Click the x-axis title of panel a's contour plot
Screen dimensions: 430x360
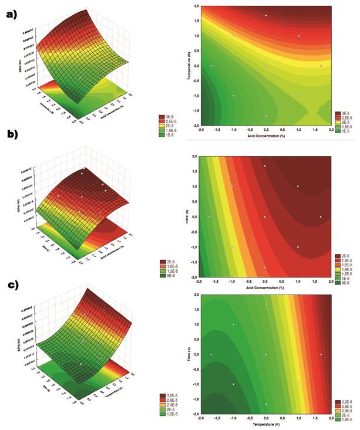265,137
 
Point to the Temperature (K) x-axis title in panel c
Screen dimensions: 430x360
265,423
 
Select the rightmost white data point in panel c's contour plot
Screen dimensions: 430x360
321,354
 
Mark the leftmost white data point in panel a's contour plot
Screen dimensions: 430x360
211,66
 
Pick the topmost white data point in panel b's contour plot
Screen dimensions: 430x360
265,166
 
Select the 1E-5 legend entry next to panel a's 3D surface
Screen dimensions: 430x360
170,136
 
